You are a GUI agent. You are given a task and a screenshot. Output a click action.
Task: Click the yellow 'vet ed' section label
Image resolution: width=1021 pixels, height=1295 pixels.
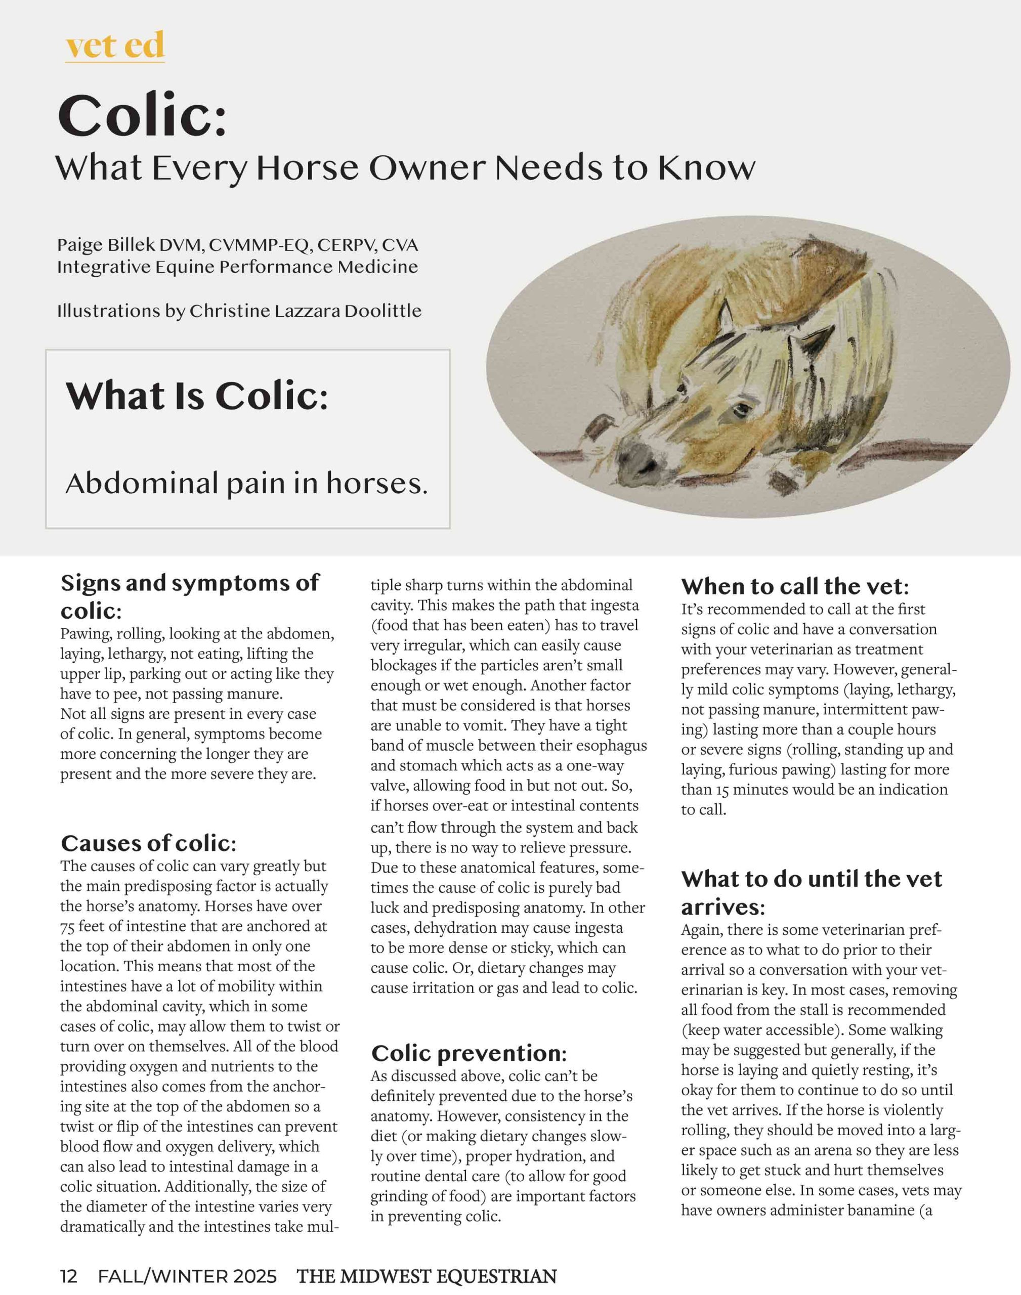pyautogui.click(x=115, y=46)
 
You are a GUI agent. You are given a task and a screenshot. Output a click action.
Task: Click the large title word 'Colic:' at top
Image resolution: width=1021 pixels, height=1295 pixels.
pyautogui.click(x=142, y=115)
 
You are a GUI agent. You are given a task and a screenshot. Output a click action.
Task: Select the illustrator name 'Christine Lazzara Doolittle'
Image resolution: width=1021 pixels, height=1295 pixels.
pyautogui.click(x=306, y=311)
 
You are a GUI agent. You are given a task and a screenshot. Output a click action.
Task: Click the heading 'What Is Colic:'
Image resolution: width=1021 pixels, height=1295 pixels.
pyautogui.click(x=197, y=396)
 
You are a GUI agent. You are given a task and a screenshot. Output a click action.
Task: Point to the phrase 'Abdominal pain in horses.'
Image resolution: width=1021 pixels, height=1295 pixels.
pyautogui.click(x=246, y=483)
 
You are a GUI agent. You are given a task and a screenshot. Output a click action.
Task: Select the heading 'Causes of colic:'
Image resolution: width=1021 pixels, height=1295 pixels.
pyautogui.click(x=149, y=843)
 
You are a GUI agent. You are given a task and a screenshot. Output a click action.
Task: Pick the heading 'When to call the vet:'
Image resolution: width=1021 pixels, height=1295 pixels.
pyautogui.click(x=795, y=586)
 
